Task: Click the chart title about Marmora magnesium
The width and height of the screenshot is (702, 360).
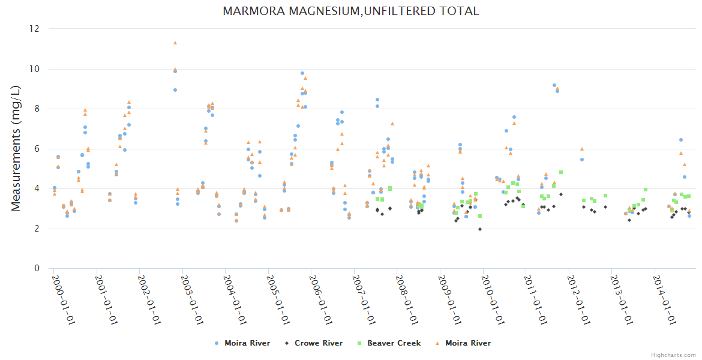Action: tap(351, 11)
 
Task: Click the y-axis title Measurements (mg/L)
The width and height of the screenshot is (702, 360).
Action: tap(16, 149)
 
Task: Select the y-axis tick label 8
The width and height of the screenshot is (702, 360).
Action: tap(37, 109)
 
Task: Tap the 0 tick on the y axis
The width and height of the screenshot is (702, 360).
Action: tap(37, 268)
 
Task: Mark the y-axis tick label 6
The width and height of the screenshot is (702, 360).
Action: tap(37, 149)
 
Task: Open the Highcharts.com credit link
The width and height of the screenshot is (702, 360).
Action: tap(673, 355)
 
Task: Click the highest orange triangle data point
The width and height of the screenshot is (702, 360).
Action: tap(175, 43)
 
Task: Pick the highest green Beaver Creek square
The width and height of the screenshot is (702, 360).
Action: tap(561, 172)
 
